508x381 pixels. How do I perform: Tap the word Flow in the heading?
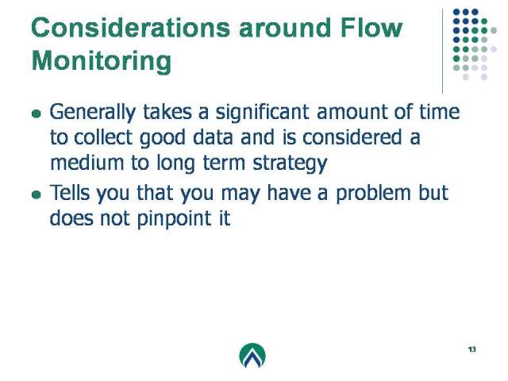pyautogui.click(x=371, y=28)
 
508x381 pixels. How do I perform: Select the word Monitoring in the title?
pyautogui.click(x=102, y=61)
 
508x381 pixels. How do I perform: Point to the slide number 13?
pyautogui.click(x=472, y=349)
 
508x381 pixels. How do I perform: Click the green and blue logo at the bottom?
pyautogui.click(x=252, y=356)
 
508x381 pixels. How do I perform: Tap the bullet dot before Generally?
pyautogui.click(x=37, y=114)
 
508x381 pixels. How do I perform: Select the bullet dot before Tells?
pyautogui.click(x=37, y=194)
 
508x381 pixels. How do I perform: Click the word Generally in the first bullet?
pyautogui.click(x=93, y=113)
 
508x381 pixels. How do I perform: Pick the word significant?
pyautogui.click(x=263, y=113)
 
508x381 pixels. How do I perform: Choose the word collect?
pyautogui.click(x=103, y=137)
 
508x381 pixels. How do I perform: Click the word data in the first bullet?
pyautogui.click(x=213, y=137)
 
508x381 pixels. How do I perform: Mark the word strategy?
pyautogui.click(x=290, y=164)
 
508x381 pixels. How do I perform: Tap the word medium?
pyautogui.click(x=87, y=163)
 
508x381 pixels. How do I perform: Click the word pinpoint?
pyautogui.click(x=175, y=219)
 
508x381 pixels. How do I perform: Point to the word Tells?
pyautogui.click(x=70, y=192)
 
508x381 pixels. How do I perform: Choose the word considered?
pyautogui.click(x=352, y=137)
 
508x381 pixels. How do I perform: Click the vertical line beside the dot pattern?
pyautogui.click(x=443, y=51)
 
